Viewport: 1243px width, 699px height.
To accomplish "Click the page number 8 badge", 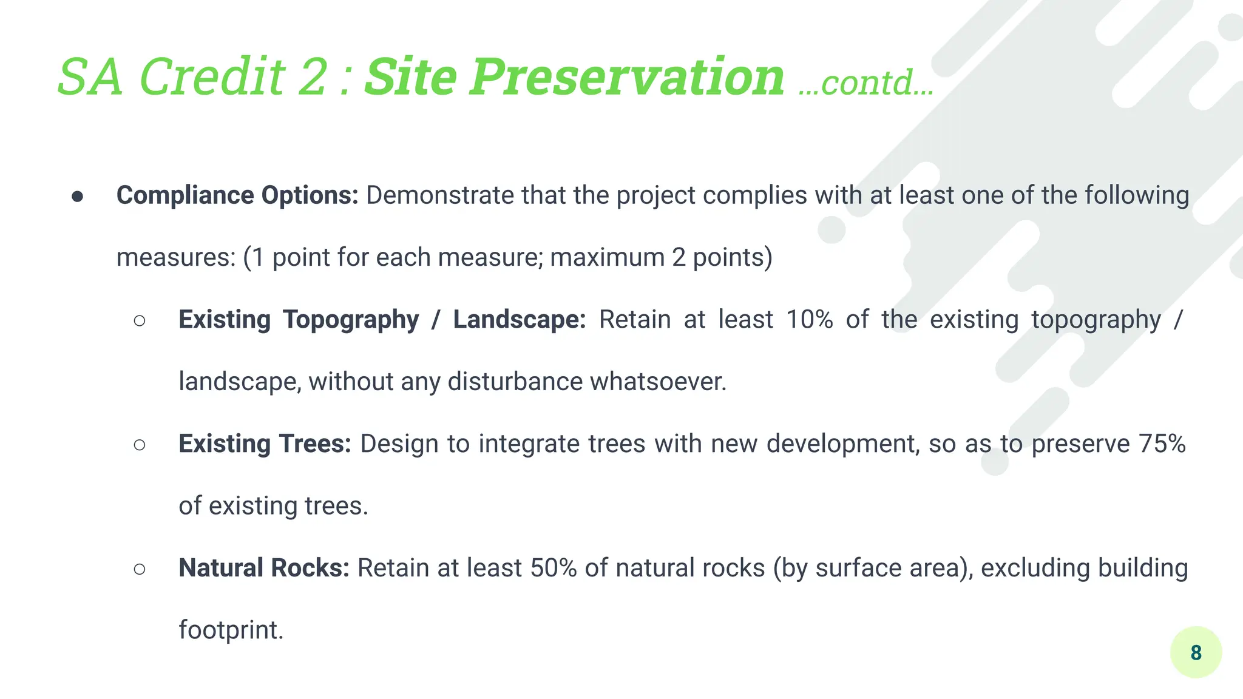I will coord(1196,652).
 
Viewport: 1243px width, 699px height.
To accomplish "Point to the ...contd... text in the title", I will coord(865,83).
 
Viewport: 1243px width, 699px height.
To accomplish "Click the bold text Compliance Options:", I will coord(237,195).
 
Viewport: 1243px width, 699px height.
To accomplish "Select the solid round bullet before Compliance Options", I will coord(77,196).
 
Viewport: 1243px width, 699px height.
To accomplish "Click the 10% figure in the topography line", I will coord(809,319).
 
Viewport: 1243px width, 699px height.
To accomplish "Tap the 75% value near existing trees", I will coord(1162,444).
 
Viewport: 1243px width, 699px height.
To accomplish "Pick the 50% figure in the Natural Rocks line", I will coord(553,568).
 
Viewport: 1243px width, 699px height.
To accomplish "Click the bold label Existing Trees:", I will coord(265,444).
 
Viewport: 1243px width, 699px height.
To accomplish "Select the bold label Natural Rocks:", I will coord(263,568).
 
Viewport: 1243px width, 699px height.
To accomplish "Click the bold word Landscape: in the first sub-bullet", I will coord(519,320).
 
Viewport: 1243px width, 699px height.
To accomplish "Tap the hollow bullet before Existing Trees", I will coord(140,445).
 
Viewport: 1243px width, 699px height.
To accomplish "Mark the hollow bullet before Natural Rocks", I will coord(140,569).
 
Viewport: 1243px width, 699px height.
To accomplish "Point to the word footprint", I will coord(230,630).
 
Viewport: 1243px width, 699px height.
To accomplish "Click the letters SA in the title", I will coord(91,77).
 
